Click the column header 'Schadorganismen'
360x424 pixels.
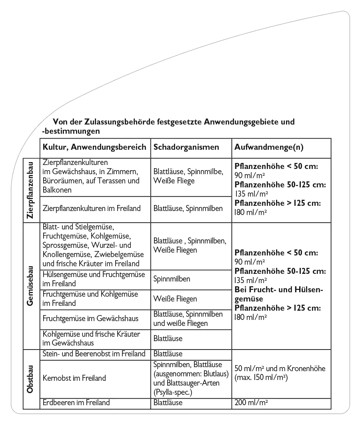(x=186, y=147)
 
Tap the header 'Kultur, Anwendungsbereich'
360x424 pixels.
(x=94, y=147)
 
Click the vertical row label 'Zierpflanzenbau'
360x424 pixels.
(x=30, y=190)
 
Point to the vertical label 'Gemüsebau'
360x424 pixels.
(x=30, y=285)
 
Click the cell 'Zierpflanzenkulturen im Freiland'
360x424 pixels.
(x=92, y=208)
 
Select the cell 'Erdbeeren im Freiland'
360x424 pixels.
(x=76, y=402)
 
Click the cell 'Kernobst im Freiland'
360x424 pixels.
(x=74, y=378)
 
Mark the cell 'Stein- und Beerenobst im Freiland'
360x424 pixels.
(x=94, y=354)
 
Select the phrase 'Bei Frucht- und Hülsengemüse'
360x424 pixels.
(x=279, y=294)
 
